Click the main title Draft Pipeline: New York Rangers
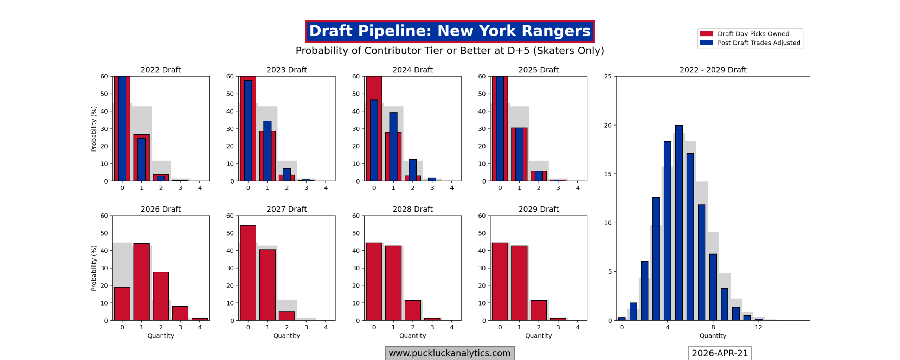tap(449, 31)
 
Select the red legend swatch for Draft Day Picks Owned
tap(706, 34)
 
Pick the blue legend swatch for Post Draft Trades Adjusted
tap(706, 43)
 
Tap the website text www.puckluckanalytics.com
tap(449, 353)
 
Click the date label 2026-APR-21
tap(719, 353)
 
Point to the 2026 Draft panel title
tap(161, 209)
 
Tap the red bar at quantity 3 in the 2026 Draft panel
tap(180, 313)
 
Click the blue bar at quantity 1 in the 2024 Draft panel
tap(393, 147)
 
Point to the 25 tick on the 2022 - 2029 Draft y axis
tap(607, 76)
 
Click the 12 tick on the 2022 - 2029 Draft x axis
tap(758, 327)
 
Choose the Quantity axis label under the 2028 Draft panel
tap(412, 336)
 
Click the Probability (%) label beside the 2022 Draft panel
tap(94, 129)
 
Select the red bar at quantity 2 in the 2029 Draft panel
tap(538, 310)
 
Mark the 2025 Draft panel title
tap(538, 70)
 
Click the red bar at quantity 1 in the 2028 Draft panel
tap(393, 283)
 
